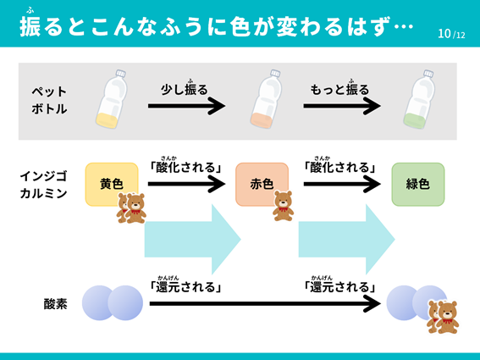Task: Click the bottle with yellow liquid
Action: pyautogui.click(x=112, y=99)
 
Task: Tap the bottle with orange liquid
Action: pyautogui.click(x=266, y=99)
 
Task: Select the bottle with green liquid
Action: pyautogui.click(x=419, y=99)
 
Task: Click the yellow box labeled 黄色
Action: pyautogui.click(x=112, y=184)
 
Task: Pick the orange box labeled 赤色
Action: pyautogui.click(x=262, y=184)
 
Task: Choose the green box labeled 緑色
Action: pyautogui.click(x=418, y=184)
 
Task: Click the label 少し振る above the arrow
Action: pyautogui.click(x=185, y=89)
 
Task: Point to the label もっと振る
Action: pyautogui.click(x=339, y=89)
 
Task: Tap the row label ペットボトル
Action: pyautogui.click(x=49, y=100)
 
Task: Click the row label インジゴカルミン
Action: pyautogui.click(x=43, y=185)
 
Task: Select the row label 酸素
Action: pyautogui.click(x=55, y=304)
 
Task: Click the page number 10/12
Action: pyautogui.click(x=451, y=34)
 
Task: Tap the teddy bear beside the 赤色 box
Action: pyautogui.click(x=283, y=206)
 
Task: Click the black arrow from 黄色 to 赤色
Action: pyautogui.click(x=187, y=184)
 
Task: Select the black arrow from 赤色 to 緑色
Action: pyautogui.click(x=342, y=184)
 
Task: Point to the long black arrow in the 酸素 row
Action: pyautogui.click(x=265, y=303)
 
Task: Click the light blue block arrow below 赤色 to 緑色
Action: pyautogui.click(x=346, y=239)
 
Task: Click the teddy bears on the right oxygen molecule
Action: pyautogui.click(x=443, y=317)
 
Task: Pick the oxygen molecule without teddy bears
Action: pyautogui.click(x=113, y=303)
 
